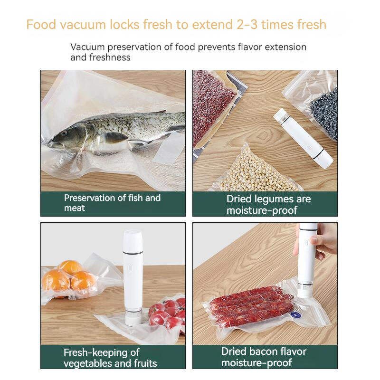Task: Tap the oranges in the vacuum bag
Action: (69, 278)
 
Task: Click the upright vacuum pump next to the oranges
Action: (133, 275)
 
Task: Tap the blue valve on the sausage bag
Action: (284, 314)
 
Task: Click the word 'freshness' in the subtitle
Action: (112, 57)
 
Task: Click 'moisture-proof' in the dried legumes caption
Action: (262, 210)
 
